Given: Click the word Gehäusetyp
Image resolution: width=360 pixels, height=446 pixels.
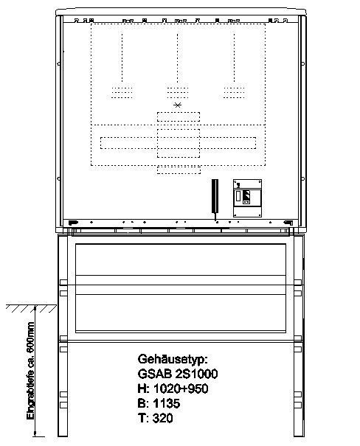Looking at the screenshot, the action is coord(173,359).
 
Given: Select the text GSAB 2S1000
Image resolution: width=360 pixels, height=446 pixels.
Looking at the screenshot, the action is coord(178,374).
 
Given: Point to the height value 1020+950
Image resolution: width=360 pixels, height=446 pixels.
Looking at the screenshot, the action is coord(181,388).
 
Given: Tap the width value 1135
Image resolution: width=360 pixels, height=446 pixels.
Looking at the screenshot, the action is coord(167,403).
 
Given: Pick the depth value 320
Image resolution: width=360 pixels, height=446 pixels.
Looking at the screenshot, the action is coord(163,418).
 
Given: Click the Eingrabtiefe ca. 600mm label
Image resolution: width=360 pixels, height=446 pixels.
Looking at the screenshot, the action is coord(30,371).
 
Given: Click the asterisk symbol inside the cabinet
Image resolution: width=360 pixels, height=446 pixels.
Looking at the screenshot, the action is coord(178,105).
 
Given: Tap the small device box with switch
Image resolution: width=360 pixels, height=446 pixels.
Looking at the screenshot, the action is coord(247,198).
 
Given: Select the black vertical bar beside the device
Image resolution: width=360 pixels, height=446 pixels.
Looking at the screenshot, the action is coord(215,196).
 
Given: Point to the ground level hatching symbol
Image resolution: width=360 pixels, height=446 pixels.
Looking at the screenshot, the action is coord(31,308).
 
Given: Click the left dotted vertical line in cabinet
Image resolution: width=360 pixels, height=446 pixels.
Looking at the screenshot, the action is coord(122,58).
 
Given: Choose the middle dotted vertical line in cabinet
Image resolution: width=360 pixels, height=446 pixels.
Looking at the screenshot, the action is coord(178,58).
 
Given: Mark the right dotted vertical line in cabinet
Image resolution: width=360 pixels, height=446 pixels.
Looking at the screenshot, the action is coord(235,58).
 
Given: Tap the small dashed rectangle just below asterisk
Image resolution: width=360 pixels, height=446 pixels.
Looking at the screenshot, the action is coord(179,117).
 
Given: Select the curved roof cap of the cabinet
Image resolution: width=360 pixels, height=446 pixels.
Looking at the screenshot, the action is coord(181,12).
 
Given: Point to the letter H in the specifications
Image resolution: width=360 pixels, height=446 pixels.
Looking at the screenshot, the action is coord(142,388).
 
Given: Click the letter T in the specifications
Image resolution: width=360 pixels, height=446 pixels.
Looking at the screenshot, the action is coord(142,418).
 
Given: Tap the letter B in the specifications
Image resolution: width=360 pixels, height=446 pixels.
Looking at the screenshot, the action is coord(142,403).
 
